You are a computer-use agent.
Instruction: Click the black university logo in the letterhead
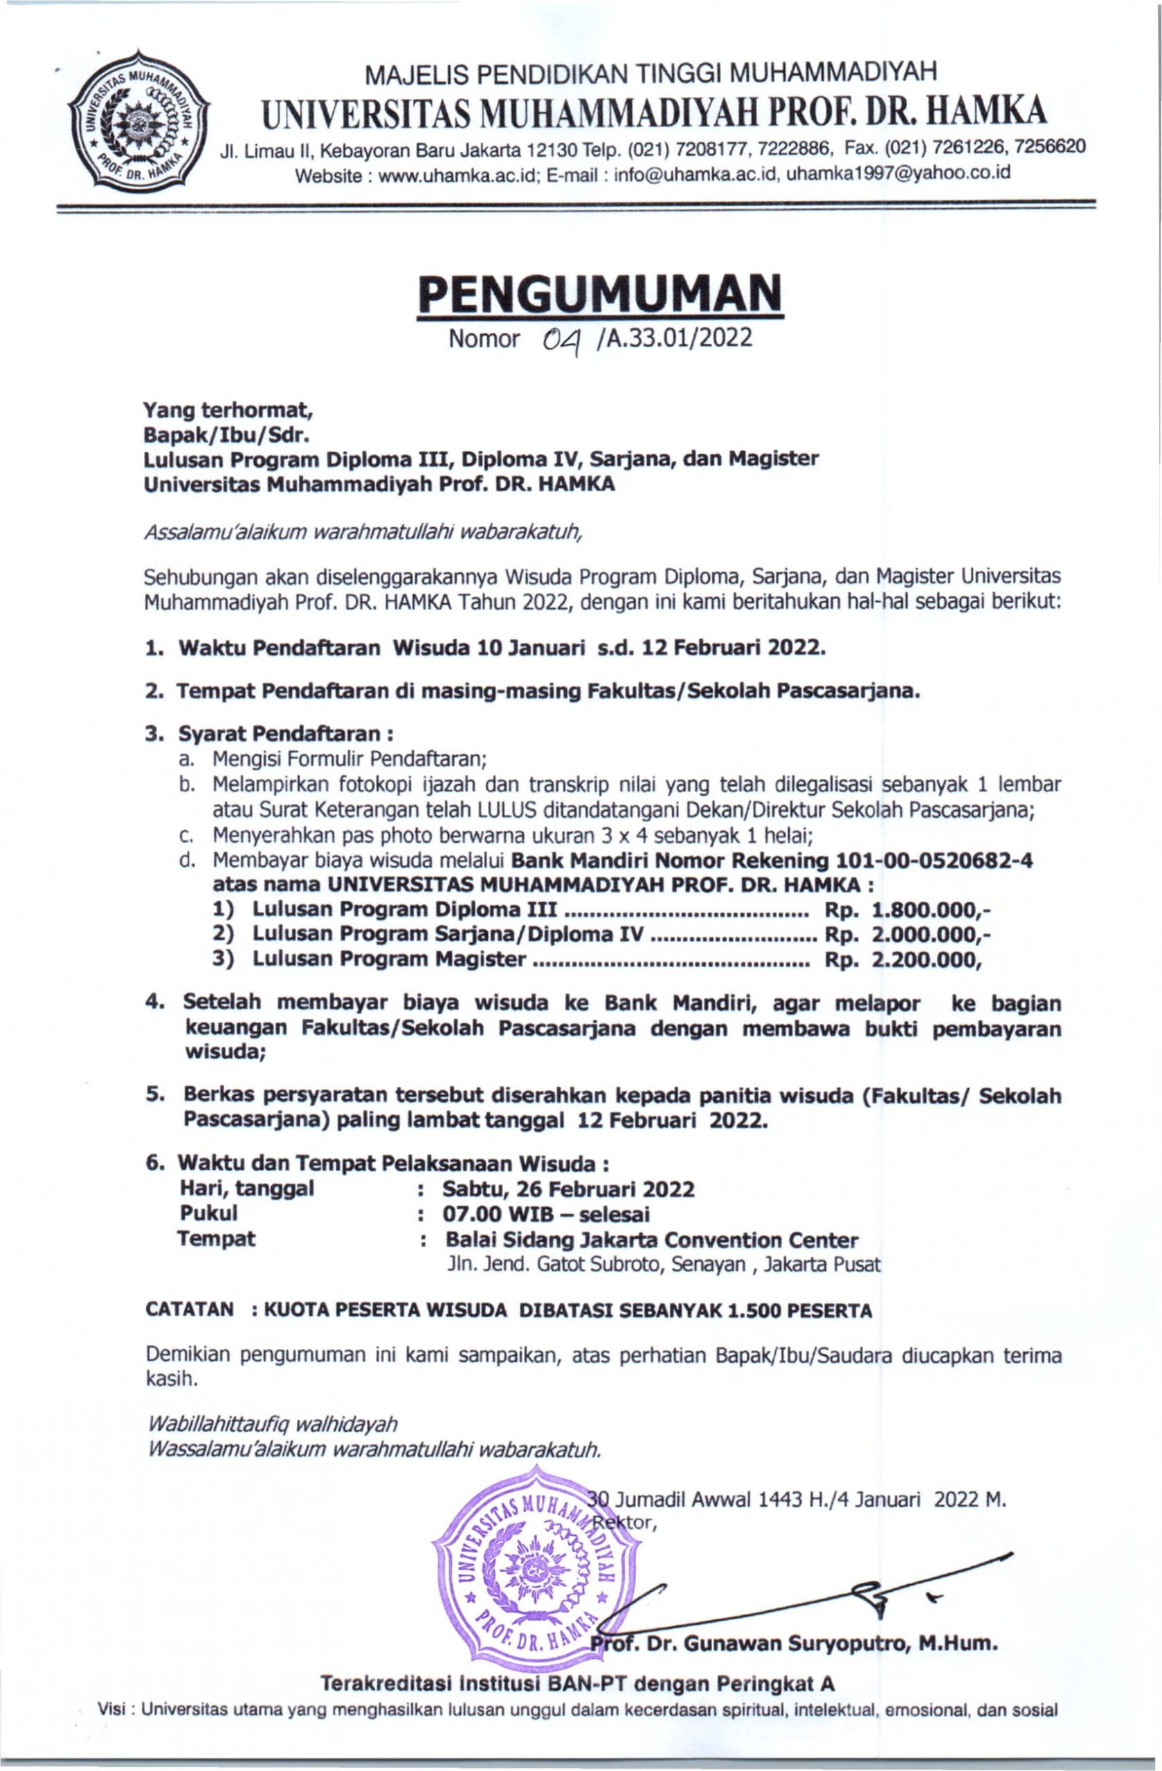click(138, 122)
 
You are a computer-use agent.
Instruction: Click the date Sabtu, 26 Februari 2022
click(569, 1189)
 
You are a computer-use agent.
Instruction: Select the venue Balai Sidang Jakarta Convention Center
click(651, 1240)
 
